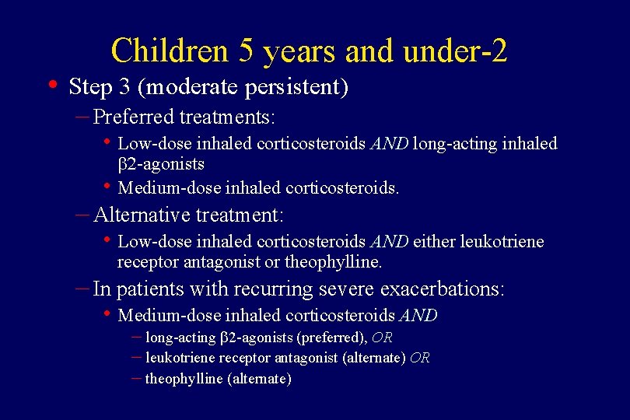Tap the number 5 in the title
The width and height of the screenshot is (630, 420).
247,51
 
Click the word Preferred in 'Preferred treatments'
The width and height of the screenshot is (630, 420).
133,117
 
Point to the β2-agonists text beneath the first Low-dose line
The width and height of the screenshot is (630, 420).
161,163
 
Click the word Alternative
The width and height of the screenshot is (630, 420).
141,214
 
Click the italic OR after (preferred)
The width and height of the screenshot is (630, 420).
382,338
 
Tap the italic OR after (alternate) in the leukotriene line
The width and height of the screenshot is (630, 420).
419,358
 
